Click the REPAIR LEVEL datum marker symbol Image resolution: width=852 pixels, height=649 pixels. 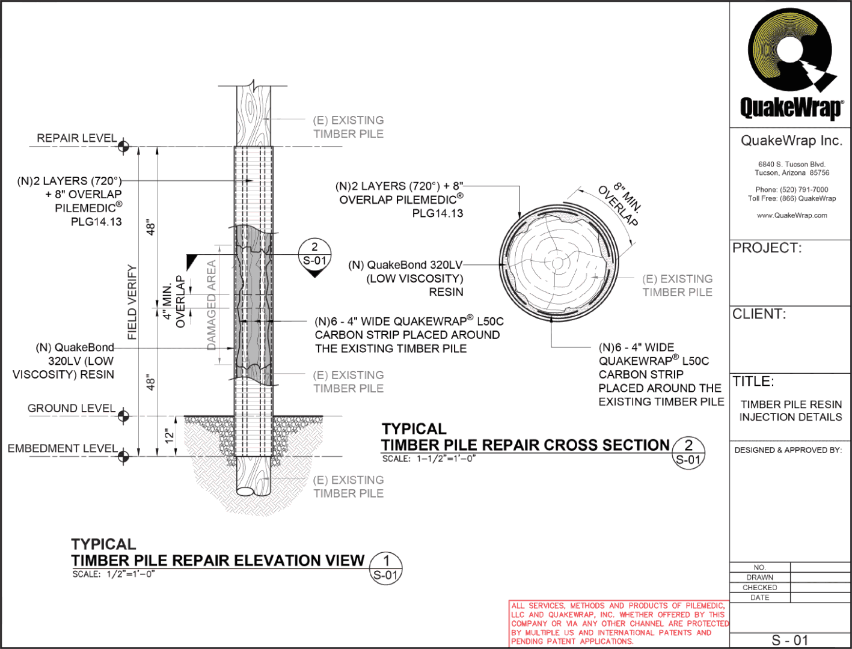pos(124,146)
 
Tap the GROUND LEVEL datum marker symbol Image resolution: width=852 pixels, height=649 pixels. pos(124,416)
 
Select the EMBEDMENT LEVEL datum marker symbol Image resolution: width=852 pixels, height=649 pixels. pos(124,456)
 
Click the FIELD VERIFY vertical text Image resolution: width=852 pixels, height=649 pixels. pos(132,302)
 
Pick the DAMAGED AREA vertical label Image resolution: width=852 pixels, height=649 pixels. pos(212,305)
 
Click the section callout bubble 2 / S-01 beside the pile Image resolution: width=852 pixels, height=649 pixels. pos(314,255)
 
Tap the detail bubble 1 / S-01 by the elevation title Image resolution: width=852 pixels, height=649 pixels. pos(386,567)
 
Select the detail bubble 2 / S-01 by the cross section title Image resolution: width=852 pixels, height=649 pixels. pos(688,452)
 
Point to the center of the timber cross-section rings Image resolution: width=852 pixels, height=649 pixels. pos(557,263)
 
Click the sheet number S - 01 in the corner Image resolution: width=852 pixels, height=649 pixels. pos(790,640)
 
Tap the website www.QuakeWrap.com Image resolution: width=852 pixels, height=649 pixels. pos(791,215)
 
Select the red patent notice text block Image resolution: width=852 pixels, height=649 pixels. pos(619,623)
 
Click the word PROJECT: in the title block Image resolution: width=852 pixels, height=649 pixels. pos(767,248)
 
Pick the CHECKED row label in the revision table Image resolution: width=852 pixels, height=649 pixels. pos(759,587)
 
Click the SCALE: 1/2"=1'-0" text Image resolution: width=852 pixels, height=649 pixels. pos(114,574)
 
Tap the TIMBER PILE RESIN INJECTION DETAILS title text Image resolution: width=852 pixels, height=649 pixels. pos(791,411)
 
